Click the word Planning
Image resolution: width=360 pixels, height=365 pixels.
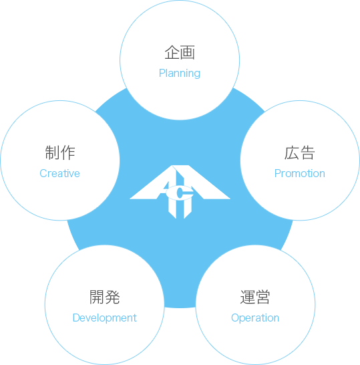point(180,74)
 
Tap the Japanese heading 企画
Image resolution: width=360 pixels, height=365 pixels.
point(180,53)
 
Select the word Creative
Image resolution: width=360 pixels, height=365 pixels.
point(59,173)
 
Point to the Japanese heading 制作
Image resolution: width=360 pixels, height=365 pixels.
point(60,152)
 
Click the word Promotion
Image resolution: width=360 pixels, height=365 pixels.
point(300,173)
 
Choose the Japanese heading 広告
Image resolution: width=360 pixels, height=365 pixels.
point(300,153)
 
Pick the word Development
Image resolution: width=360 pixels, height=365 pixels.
point(105,318)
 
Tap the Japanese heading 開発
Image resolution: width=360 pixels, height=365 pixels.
point(105,297)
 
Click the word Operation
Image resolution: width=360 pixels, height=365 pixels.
point(255,318)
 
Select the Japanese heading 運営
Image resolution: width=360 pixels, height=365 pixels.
point(255,297)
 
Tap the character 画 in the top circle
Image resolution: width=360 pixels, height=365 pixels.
point(188,53)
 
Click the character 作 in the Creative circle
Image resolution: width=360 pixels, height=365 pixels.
point(67,152)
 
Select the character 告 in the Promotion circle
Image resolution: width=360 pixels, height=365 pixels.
point(307,153)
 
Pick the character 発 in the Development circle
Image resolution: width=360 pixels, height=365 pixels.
point(112,297)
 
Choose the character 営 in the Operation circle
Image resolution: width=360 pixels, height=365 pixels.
point(262,297)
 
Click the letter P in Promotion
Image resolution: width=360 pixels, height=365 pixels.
point(278,173)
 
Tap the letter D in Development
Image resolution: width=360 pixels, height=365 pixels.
point(77,318)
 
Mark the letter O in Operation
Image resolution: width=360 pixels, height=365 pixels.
point(235,318)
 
